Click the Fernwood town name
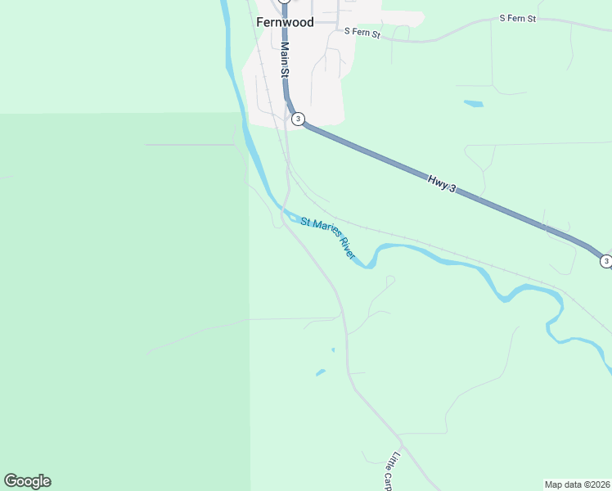tap(285, 22)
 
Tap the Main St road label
tap(285, 61)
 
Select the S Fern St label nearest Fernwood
tap(362, 33)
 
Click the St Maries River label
tap(328, 237)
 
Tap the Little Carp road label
tap(392, 471)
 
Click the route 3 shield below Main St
tap(298, 119)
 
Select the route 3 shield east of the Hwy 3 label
tap(605, 261)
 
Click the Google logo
tap(27, 481)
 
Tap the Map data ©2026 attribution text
tap(577, 484)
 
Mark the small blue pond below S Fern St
tap(473, 104)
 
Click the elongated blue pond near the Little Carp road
tap(321, 373)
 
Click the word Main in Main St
tap(284, 54)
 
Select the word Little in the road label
tap(397, 461)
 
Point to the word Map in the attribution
tap(555, 484)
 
